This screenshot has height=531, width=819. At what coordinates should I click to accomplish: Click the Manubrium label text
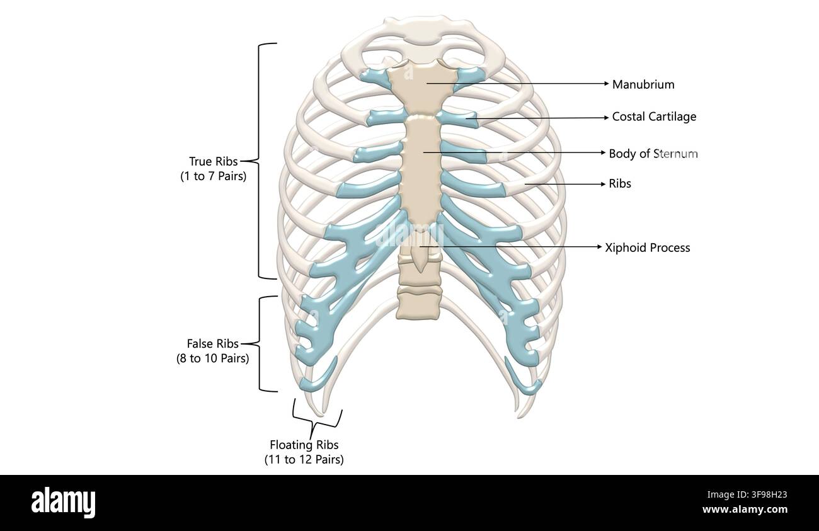coord(643,84)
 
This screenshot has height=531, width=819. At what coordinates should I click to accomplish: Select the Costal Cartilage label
coord(654,117)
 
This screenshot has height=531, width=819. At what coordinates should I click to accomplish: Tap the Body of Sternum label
coord(653,154)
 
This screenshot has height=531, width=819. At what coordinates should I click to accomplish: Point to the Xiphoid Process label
coord(647,248)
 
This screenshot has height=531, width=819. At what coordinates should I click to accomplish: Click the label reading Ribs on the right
coord(620,183)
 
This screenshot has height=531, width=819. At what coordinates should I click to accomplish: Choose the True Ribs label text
coord(213,161)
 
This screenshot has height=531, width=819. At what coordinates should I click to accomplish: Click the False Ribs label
coord(212,343)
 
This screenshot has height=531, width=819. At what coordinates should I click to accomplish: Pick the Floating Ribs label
coord(304,445)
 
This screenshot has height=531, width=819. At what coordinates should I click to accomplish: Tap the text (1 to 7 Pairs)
coord(213,176)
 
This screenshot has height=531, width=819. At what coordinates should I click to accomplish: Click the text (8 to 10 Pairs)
coord(212,358)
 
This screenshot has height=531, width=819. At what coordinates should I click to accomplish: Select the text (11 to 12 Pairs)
coord(304,459)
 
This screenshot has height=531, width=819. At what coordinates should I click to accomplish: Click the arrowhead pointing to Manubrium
coord(607,84)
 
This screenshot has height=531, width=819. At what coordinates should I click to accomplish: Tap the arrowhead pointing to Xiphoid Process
coord(599,247)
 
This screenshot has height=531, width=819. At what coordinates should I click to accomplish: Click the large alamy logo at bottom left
coord(63,503)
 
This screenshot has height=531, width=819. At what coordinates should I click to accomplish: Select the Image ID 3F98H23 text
coord(747,494)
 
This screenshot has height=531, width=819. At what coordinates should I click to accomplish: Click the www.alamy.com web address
coord(745,509)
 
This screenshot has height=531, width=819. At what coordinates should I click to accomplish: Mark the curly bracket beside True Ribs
coord(260,161)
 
